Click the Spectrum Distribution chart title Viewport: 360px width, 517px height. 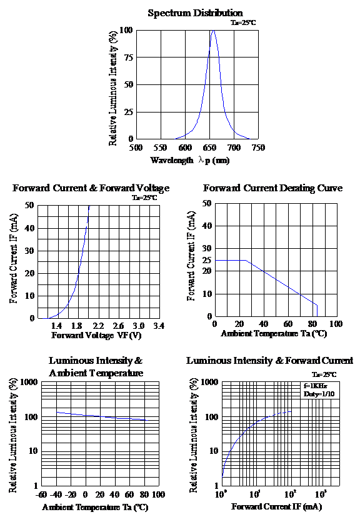tap(195, 13)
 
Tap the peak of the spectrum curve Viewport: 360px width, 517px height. tap(213, 31)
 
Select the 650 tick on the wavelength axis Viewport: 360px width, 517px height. tap(209, 148)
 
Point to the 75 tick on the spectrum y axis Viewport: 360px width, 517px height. tap(129, 58)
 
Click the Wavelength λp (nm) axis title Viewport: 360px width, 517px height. tap(190, 160)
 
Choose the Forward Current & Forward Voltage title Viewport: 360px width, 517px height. tap(91, 188)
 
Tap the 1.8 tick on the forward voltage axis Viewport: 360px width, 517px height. tap(76, 326)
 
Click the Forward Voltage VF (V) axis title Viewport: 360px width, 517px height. tap(96, 335)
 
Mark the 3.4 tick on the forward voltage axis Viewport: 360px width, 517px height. tap(159, 326)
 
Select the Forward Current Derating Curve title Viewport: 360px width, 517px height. tap(272, 188)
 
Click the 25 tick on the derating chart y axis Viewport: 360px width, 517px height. tap(207, 260)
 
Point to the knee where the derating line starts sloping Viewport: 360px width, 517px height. tap(246, 261)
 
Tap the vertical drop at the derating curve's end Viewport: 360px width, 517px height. tap(317, 310)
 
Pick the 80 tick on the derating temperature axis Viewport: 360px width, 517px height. tap(312, 324)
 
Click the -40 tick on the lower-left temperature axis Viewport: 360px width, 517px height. tap(56, 494)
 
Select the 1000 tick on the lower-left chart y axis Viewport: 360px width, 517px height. tap(29, 382)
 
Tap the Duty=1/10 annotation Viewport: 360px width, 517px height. tap(319, 394)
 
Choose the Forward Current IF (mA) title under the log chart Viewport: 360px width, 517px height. tap(277, 506)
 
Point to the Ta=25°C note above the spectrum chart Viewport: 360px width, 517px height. tap(243, 23)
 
